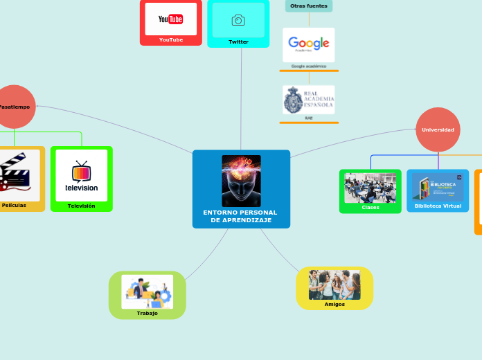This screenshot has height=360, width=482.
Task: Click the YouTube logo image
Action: coord(170,19)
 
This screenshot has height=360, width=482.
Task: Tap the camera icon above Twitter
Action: coord(238,20)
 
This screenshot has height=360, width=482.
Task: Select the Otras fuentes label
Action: coord(308,6)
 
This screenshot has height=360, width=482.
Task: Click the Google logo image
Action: coord(308,44)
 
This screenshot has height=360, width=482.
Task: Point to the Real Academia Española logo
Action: coord(308,100)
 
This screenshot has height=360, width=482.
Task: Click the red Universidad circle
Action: coord(438,129)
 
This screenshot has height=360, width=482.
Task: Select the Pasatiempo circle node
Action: coord(14,107)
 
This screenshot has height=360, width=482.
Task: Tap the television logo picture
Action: coord(82,175)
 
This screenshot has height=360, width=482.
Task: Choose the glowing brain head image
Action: coord(241,180)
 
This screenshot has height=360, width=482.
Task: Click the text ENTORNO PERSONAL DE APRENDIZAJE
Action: coord(240,216)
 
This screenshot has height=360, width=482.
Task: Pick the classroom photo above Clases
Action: coord(370,188)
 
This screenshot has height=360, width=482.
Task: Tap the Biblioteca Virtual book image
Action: coord(438,187)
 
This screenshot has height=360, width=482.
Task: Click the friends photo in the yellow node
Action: coord(334,285)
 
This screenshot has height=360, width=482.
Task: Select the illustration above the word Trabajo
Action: coord(147,291)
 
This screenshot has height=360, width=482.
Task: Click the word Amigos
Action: coord(334,304)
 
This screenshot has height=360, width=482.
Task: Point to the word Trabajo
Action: coord(147,313)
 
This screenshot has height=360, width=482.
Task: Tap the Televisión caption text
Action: coord(82,206)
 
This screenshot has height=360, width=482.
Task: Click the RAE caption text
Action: coord(308,118)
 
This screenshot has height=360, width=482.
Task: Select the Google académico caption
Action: coord(308,66)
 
